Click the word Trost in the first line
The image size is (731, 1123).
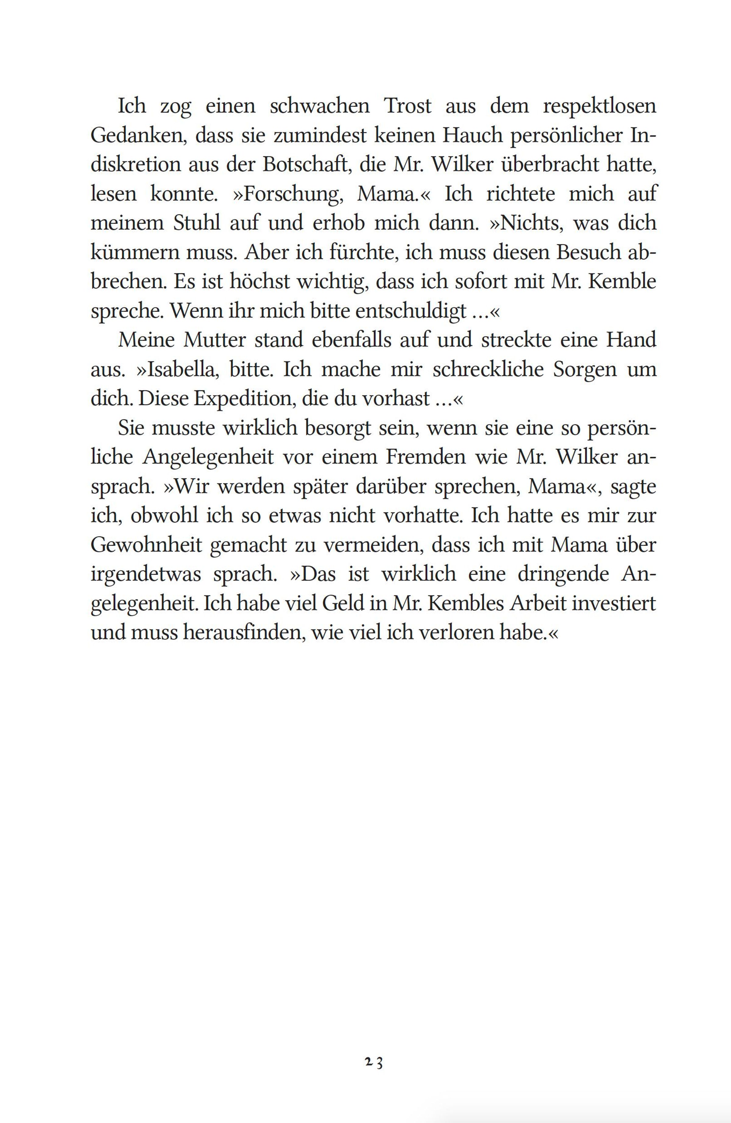coord(408,106)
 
